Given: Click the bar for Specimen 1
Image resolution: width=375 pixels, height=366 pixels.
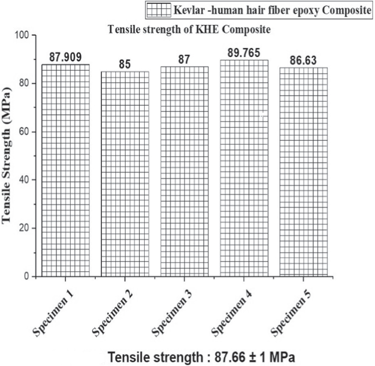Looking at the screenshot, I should point(65,170).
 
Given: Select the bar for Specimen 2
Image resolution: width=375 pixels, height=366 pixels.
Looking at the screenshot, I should point(125,173).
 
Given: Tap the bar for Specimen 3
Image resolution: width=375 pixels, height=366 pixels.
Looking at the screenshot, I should point(184,171).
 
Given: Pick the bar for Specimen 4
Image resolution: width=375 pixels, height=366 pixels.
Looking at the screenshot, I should point(244,168).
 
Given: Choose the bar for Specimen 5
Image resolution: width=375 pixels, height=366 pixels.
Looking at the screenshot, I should point(303,172).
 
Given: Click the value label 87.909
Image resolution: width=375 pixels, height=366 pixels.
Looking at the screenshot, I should point(65,57).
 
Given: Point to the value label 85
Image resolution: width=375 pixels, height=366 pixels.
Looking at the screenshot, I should point(125,64).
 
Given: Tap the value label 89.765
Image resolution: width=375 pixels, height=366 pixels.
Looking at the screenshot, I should point(244,53).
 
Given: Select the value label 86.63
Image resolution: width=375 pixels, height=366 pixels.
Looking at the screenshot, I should point(303,61).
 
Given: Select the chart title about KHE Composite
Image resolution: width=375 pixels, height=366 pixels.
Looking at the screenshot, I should point(189,30).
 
